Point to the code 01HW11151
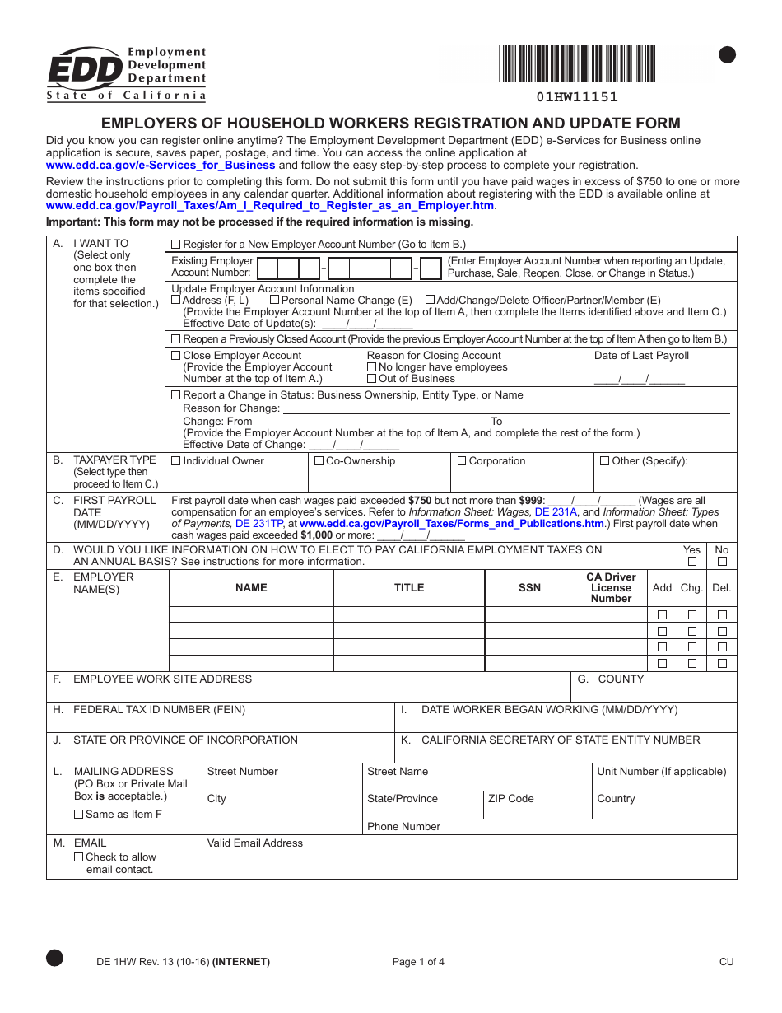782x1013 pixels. click(577, 97)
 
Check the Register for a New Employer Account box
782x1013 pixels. click(175, 245)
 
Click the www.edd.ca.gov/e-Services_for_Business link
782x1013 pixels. click(161, 165)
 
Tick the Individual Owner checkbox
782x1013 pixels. click(175, 461)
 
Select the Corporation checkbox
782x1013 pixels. click(462, 461)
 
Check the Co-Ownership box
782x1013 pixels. click(319, 461)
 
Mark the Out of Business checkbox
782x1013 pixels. click(372, 379)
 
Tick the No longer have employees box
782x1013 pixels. click(372, 367)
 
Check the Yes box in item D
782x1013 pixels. click(692, 562)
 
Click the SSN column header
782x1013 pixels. click(529, 588)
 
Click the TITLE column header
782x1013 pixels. click(408, 588)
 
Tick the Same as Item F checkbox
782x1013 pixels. click(79, 815)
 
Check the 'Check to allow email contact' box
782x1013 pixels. click(79, 857)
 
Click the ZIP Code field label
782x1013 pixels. click(510, 799)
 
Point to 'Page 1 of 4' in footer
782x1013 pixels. click(418, 962)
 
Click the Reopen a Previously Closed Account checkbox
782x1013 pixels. click(175, 339)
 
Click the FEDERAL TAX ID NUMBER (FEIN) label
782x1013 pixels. click(159, 710)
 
